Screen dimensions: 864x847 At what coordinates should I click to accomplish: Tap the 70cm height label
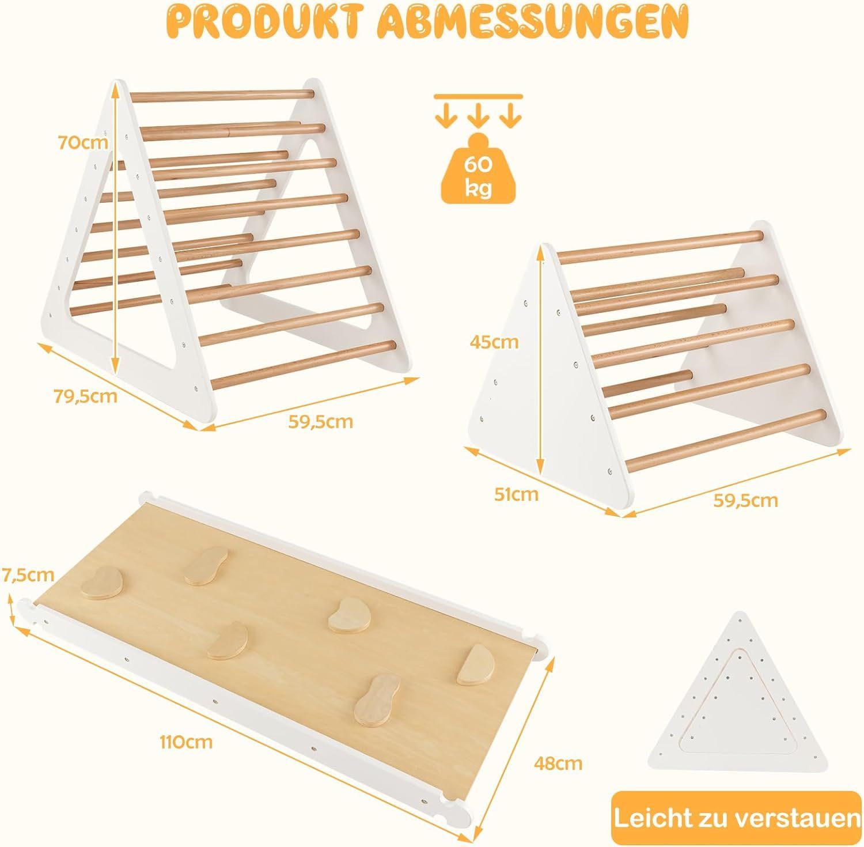(83, 142)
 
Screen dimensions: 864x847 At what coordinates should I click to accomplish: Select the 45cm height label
(494, 342)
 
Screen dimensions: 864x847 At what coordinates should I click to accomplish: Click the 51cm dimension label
(517, 494)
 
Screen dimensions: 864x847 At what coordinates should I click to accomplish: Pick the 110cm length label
(185, 742)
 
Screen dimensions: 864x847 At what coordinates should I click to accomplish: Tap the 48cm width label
(557, 763)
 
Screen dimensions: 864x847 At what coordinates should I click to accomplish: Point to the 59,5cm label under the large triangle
(320, 421)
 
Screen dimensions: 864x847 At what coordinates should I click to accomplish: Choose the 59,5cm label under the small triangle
(746, 500)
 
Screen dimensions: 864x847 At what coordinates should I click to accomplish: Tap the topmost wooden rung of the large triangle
(222, 96)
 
